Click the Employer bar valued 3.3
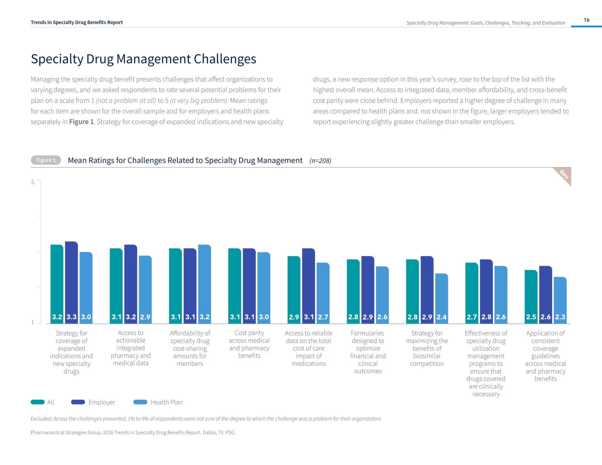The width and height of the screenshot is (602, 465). click(x=71, y=282)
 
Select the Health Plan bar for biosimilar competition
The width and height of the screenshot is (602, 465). click(x=441, y=298)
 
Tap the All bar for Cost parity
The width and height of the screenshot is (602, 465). click(x=235, y=285)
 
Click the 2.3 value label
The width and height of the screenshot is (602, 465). click(x=560, y=317)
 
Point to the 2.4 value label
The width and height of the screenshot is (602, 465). click(x=441, y=317)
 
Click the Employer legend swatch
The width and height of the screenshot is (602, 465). click(x=78, y=402)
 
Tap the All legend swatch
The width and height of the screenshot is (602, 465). click(x=38, y=402)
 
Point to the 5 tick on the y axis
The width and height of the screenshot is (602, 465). click(x=33, y=182)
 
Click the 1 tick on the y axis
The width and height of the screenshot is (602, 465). click(x=33, y=322)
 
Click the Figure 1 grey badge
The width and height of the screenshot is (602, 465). click(x=46, y=160)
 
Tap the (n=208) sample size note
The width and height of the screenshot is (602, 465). click(x=320, y=161)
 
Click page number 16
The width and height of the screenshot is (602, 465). click(x=586, y=20)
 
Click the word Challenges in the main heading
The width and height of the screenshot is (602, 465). click(x=225, y=59)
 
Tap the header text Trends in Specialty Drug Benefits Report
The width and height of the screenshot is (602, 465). click(x=77, y=23)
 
